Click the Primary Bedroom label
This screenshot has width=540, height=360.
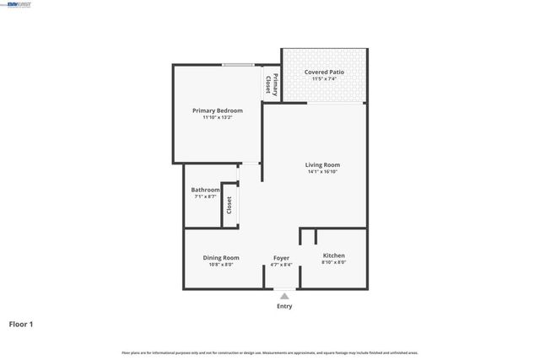click(217, 111)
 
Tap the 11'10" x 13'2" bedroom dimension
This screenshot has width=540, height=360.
click(217, 118)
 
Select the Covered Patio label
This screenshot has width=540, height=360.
click(323, 73)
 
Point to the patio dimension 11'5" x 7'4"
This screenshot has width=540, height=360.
click(323, 79)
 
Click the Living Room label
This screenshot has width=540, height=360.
click(323, 164)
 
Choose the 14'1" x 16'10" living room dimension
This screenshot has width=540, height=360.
click(323, 172)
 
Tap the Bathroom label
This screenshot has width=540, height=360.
click(206, 190)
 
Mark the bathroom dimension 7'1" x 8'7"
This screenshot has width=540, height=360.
click(206, 196)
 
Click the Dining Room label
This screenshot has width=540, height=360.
click(221, 258)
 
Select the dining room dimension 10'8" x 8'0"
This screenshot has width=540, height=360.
click(221, 265)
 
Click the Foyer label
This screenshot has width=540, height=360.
click(281, 258)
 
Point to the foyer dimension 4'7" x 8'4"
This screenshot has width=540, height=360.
click(281, 265)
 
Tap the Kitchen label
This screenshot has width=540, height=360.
click(334, 255)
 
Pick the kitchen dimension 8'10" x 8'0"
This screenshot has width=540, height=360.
click(334, 262)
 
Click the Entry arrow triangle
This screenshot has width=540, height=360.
click(284, 296)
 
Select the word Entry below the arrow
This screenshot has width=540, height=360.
click(284, 306)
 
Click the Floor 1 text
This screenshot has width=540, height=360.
click(22, 324)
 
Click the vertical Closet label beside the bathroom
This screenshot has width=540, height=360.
click(229, 205)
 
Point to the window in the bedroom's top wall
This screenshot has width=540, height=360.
click(239, 65)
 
